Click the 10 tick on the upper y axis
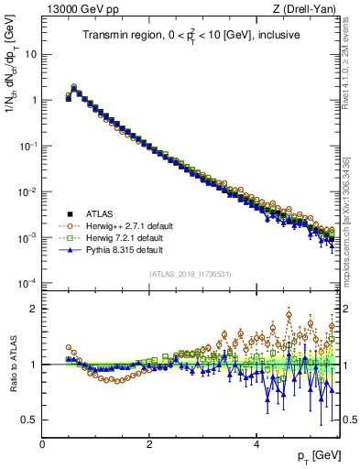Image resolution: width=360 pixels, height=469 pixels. tap(29, 54)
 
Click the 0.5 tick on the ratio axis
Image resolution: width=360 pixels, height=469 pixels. tap(27, 420)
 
